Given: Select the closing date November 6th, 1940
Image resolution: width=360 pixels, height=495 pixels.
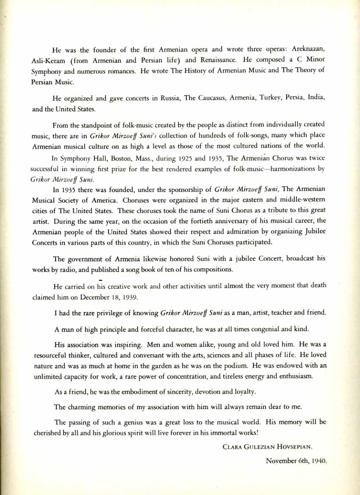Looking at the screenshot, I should coord(296,461).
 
